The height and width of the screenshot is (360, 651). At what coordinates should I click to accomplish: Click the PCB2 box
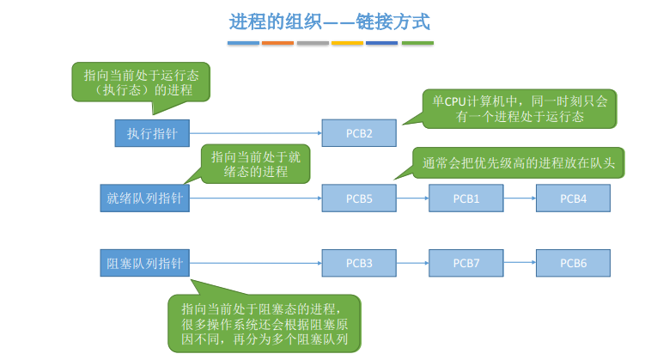click(359, 133)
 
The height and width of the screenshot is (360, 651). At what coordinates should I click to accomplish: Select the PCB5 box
click(359, 198)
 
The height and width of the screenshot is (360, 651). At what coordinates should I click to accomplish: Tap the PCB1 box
click(465, 198)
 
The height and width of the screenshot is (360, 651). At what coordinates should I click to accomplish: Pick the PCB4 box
click(573, 198)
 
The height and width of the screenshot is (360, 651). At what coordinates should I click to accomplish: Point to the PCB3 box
click(359, 263)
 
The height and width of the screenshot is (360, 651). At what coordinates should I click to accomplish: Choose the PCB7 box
click(465, 263)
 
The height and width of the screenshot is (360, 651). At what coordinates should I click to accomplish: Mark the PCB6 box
click(573, 263)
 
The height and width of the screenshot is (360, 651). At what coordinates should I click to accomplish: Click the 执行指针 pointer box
click(152, 133)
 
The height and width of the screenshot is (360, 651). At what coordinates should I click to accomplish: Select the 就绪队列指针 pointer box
click(144, 198)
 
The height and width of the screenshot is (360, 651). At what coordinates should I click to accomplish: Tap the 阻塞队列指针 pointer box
click(144, 263)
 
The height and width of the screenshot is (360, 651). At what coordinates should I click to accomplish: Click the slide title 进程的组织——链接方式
click(329, 21)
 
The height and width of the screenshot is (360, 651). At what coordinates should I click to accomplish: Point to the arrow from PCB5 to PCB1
click(413, 198)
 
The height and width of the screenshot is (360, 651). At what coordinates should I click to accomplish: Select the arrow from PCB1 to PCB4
click(520, 198)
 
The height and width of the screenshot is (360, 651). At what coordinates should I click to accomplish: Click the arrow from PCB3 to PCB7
click(413, 263)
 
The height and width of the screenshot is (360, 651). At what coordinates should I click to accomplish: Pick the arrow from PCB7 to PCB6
click(520, 262)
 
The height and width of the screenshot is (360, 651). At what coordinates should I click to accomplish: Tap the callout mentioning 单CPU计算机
click(519, 109)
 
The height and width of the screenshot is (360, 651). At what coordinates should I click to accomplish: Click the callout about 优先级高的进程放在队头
click(518, 162)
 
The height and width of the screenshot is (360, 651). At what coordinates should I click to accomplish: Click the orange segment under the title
click(277, 43)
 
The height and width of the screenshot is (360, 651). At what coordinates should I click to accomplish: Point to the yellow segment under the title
click(347, 43)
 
